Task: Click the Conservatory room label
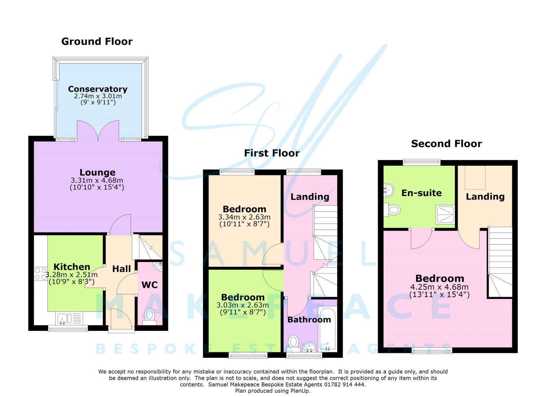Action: [x=98, y=89]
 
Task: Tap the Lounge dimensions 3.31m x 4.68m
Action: [x=97, y=180]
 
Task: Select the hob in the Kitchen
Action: [x=40, y=274]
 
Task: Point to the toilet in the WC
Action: [x=149, y=316]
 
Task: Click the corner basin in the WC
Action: [x=158, y=266]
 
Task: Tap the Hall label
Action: [x=121, y=269]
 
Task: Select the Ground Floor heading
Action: [x=97, y=42]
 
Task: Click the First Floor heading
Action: [x=272, y=153]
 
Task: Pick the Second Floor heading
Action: [x=446, y=144]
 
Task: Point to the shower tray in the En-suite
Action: [x=445, y=214]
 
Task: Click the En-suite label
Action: [x=421, y=193]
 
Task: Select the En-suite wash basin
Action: [x=388, y=190]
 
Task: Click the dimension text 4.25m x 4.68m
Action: [x=439, y=287]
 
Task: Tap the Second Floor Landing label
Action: [x=485, y=196]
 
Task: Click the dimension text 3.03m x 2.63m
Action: [x=243, y=305]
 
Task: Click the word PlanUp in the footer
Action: [x=300, y=391]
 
